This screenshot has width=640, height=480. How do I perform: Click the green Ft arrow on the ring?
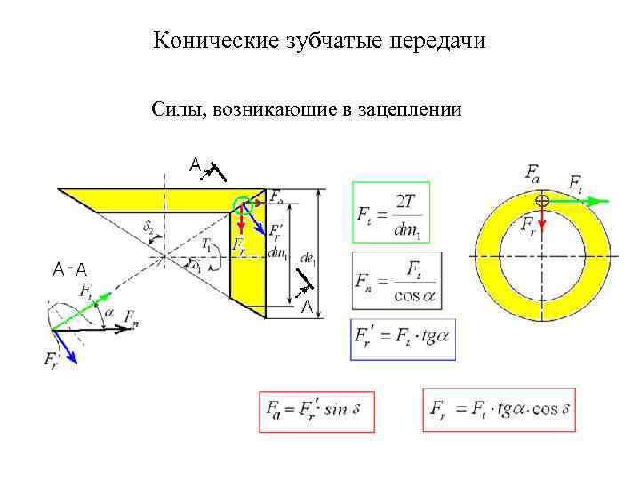point(578,202)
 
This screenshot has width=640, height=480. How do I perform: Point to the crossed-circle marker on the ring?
point(542,202)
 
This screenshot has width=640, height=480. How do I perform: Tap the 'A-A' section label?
point(68,268)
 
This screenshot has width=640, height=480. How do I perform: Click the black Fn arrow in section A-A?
point(89,328)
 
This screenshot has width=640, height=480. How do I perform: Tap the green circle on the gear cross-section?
point(243,205)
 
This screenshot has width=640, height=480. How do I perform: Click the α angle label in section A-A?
point(109,313)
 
